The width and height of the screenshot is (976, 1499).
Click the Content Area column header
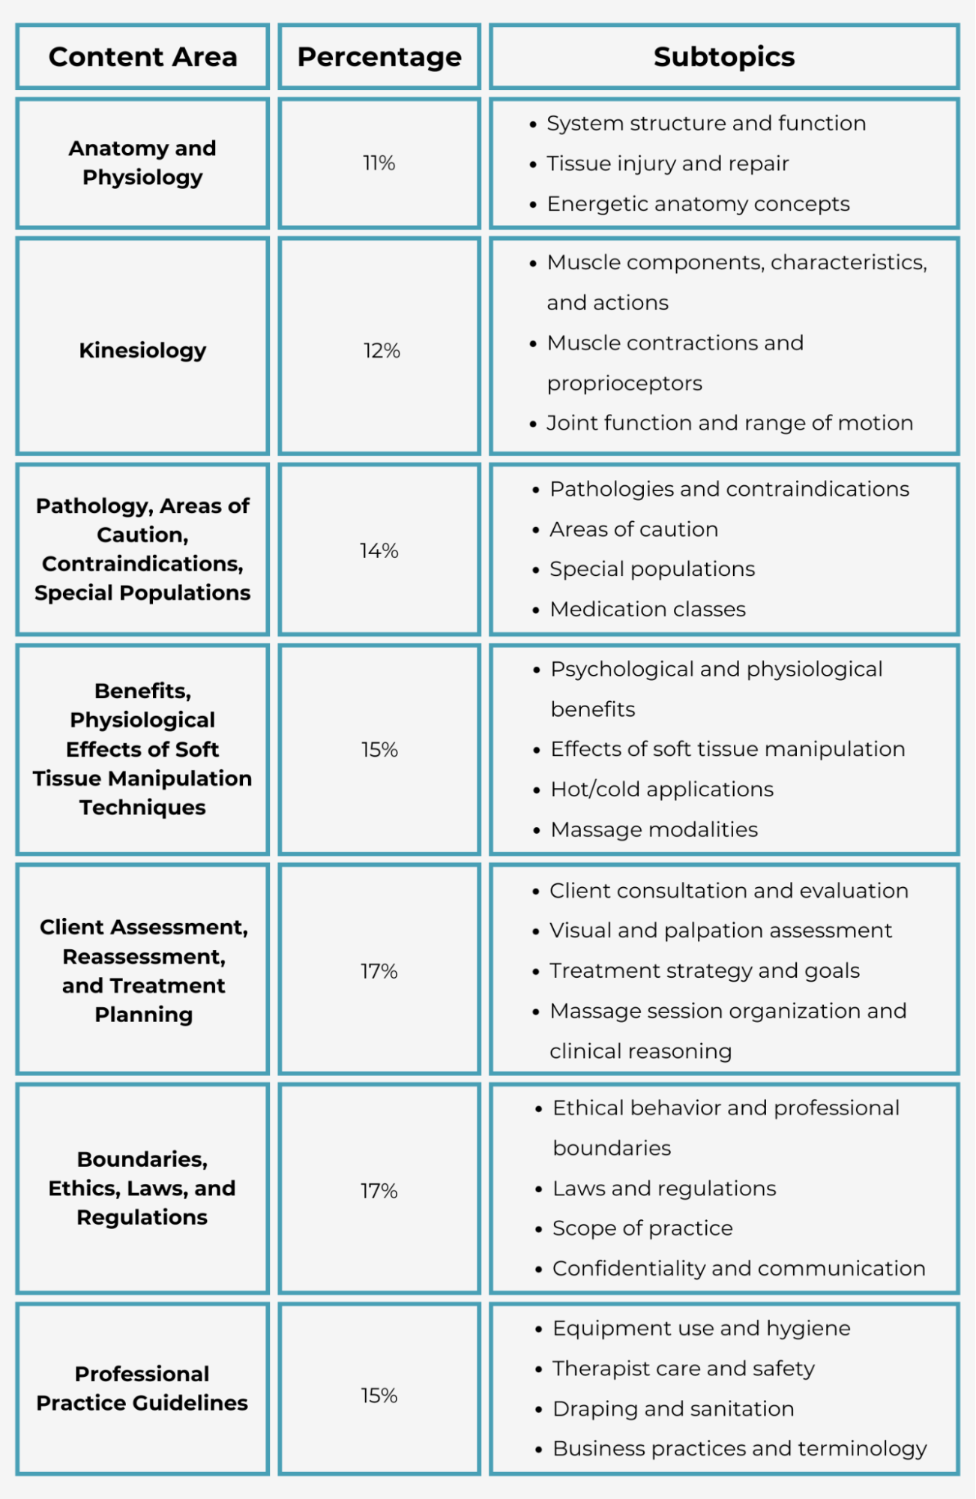point(142,57)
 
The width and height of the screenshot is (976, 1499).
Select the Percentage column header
point(379,57)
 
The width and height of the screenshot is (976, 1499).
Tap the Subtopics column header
point(723,57)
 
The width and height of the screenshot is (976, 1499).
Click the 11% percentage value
point(379,163)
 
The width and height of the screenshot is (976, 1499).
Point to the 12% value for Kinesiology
point(382,350)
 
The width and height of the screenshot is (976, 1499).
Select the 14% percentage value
point(379,550)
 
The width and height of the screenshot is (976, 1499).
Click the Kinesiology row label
point(142,350)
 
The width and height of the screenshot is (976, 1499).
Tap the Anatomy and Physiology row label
point(142,163)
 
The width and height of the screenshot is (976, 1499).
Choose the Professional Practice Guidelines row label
point(142,1388)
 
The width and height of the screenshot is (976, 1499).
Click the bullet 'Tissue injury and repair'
point(667,163)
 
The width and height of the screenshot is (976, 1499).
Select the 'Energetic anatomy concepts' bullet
point(698,204)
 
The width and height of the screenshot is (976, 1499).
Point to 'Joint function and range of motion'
point(729,423)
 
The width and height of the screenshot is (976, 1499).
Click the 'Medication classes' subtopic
point(648,609)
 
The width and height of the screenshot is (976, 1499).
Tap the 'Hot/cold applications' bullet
point(662,789)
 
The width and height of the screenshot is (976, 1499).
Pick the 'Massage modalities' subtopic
point(654,829)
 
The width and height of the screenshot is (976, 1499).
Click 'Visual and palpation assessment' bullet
point(720,931)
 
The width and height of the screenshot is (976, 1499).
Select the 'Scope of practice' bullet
point(642,1228)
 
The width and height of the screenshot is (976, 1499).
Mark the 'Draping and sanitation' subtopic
point(673,1409)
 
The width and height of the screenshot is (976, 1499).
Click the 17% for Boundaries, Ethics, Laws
point(379,1191)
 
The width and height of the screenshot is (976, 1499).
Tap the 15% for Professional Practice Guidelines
point(379,1396)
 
